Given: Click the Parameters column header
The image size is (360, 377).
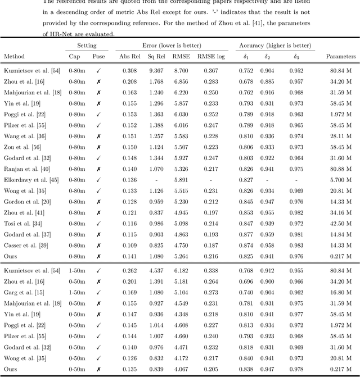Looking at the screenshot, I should (x=341, y=56).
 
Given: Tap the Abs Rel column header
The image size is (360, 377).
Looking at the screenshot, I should (x=129, y=56).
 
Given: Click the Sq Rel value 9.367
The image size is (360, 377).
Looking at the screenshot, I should (x=156, y=70).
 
